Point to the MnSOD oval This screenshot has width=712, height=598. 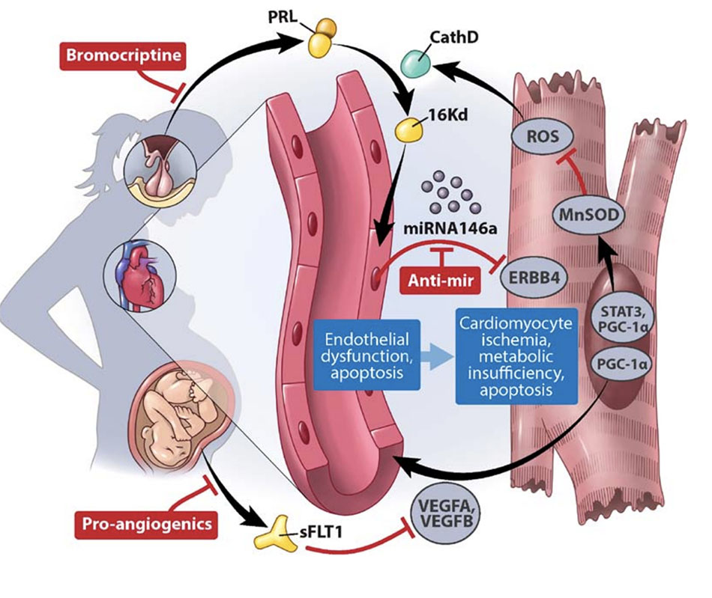point(590,216)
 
